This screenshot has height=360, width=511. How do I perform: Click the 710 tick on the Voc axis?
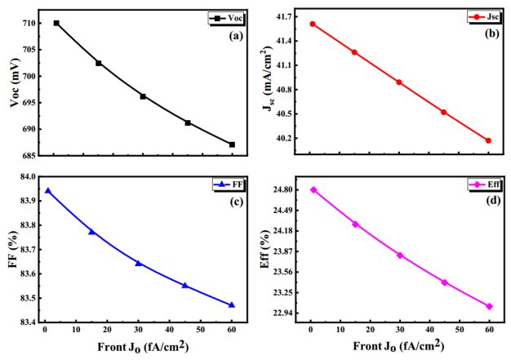(28, 23)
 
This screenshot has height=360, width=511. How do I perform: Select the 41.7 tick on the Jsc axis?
(285, 16)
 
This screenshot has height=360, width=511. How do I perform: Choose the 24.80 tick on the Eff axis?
(283, 190)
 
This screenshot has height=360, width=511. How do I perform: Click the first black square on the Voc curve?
(56, 23)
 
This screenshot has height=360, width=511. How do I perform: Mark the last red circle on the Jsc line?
(488, 140)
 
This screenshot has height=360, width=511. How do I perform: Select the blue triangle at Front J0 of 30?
(138, 263)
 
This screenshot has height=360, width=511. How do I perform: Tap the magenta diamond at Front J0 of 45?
(445, 282)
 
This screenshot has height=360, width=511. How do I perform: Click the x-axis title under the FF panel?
(138, 347)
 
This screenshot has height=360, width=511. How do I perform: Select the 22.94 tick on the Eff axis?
(283, 313)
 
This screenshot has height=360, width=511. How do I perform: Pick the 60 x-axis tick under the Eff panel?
(489, 330)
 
